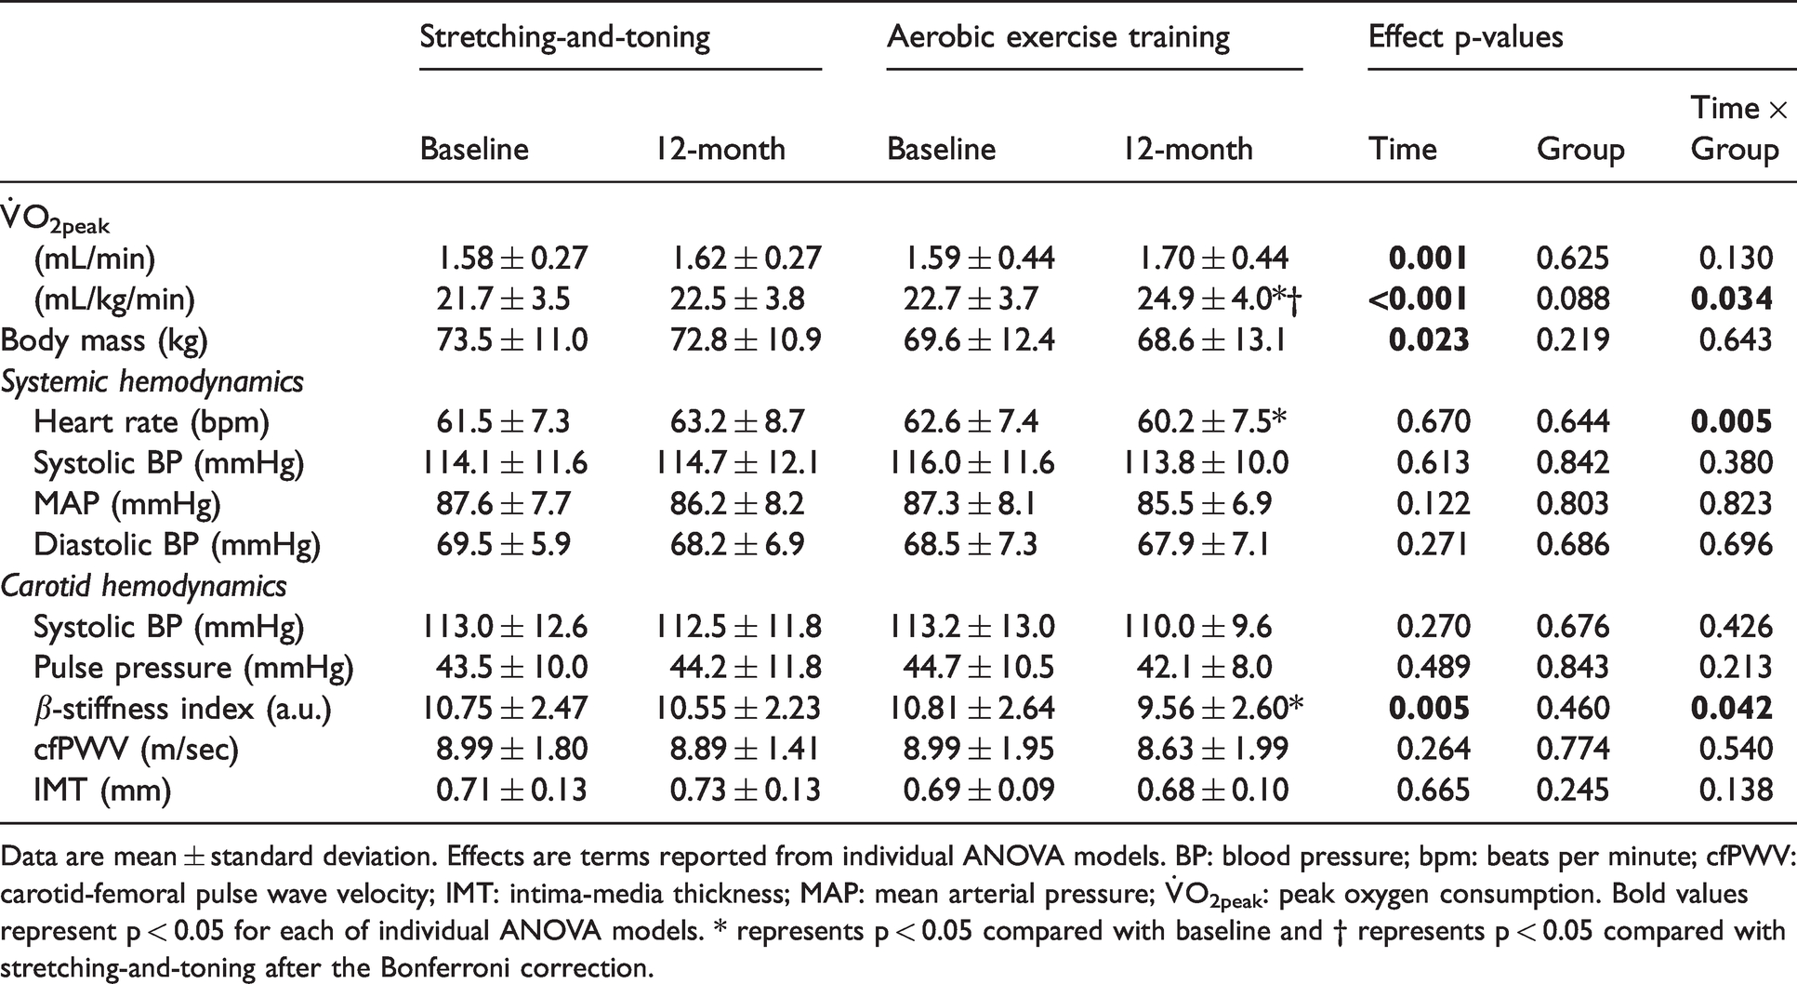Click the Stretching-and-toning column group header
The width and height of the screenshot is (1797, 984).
click(565, 38)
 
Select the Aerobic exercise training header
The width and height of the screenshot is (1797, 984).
click(1058, 37)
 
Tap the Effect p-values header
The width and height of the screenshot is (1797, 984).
click(1465, 37)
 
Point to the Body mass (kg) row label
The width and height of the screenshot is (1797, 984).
click(104, 341)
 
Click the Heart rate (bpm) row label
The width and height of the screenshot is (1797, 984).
click(152, 423)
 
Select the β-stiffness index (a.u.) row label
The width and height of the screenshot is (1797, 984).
click(182, 710)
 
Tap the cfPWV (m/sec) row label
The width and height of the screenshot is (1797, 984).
click(136, 750)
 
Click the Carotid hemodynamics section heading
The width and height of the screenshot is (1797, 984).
click(143, 586)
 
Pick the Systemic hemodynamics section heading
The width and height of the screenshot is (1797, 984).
click(152, 381)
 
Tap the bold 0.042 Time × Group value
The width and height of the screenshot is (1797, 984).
click(1732, 709)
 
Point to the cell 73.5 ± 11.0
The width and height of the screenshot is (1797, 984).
click(512, 340)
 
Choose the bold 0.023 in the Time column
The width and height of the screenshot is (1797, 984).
click(1429, 340)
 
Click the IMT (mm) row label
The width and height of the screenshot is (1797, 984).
click(102, 791)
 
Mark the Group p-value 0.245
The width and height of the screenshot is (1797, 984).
click(1572, 791)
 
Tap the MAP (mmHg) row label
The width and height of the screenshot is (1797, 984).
click(127, 505)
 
